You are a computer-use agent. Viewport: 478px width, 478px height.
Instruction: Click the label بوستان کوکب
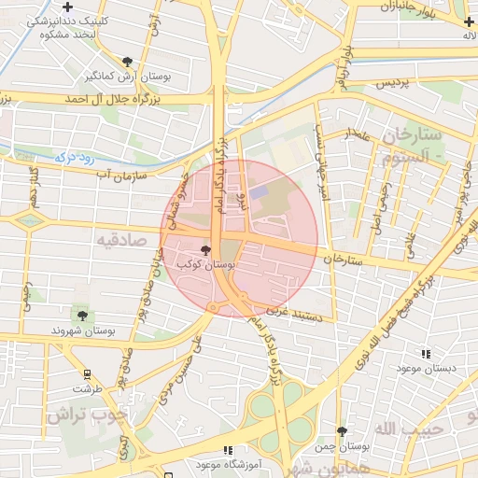point(213,265)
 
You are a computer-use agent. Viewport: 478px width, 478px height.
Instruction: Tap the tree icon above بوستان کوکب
point(205,249)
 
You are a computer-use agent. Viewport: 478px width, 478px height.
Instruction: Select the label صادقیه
point(120,239)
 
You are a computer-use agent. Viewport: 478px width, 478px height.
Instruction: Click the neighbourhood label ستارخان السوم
point(416,146)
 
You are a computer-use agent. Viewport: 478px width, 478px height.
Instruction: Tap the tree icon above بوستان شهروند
point(83,316)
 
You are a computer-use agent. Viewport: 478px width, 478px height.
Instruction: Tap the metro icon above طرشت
point(87,372)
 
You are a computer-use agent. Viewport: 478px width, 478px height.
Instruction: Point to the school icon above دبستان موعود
point(427,354)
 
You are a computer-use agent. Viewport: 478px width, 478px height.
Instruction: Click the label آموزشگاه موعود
point(229,463)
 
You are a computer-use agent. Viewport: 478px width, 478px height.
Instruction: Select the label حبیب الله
point(400,428)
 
